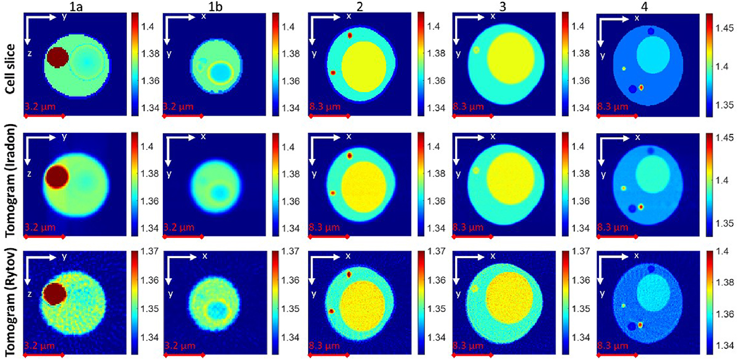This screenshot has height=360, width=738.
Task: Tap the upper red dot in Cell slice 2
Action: (349, 36)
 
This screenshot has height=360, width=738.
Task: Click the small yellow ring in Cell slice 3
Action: (476, 50)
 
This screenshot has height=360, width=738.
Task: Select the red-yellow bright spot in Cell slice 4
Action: (641, 88)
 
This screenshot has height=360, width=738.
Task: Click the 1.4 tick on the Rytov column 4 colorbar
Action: (720, 254)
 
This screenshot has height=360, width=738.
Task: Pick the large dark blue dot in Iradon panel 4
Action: (632, 209)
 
